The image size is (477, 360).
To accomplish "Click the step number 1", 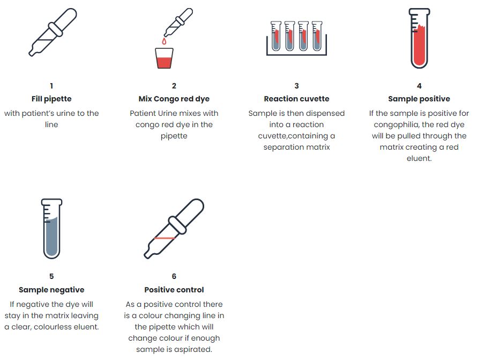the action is point(51,86).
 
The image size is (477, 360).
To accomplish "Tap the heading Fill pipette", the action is point(51,99).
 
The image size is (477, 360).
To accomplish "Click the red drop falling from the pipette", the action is point(165,41).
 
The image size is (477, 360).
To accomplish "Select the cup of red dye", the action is point(165,58).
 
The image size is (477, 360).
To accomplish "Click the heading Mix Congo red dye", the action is point(174,99).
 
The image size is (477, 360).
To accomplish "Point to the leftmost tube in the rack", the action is point(276,35).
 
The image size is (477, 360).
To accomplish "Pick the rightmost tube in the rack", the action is point(317,35).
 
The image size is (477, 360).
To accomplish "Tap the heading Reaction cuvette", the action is point(296,99).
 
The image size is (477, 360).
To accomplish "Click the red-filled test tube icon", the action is point(419,38).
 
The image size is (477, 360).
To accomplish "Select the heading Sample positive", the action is point(419,99).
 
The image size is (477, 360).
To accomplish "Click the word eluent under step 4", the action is point(419,158).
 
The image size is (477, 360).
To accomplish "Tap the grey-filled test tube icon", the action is point(51,229).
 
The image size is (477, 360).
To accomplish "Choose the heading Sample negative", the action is point(51,290).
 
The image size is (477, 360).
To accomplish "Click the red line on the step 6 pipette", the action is point(165,238).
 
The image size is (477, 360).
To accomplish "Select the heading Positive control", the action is point(174,290).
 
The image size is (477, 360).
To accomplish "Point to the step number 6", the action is point(174,276).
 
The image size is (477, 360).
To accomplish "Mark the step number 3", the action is point(296,86).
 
